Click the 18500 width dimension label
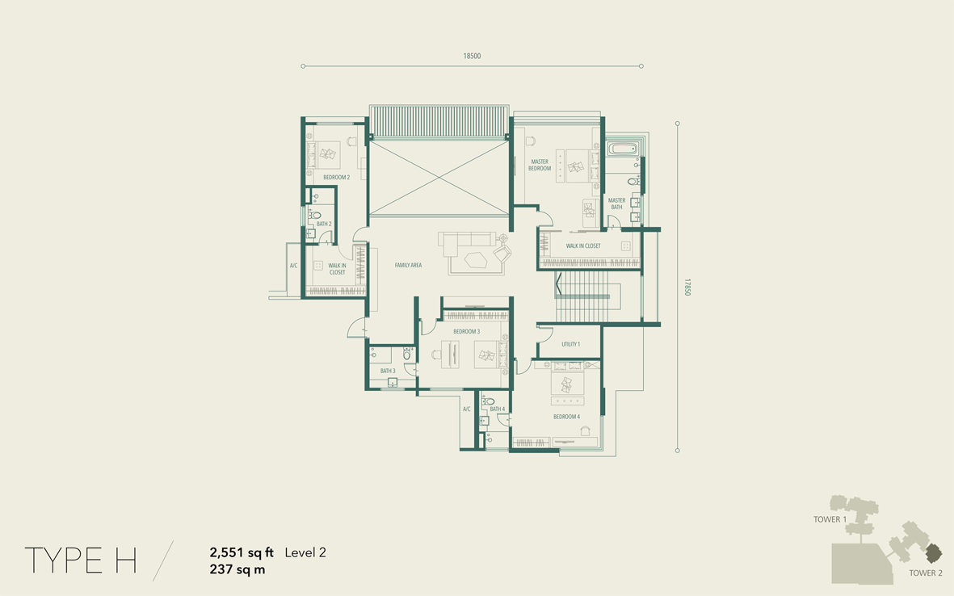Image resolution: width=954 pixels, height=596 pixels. (x=472, y=56)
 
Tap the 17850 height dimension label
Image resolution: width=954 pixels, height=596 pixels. (x=688, y=287)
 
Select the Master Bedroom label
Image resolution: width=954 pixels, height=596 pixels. (x=540, y=166)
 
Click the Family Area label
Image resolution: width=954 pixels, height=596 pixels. (x=408, y=265)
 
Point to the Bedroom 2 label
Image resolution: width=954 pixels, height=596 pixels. (x=337, y=178)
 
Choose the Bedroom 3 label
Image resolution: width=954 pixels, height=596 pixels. (x=467, y=331)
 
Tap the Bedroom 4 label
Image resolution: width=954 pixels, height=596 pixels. (x=566, y=417)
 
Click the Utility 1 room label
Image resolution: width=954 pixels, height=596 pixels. (x=570, y=344)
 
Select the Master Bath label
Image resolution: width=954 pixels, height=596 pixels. (x=616, y=204)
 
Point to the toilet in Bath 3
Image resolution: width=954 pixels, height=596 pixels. (x=407, y=353)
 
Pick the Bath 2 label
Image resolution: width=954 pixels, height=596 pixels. (x=324, y=224)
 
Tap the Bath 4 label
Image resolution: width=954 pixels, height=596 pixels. (x=498, y=409)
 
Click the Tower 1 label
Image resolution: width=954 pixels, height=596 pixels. (x=830, y=519)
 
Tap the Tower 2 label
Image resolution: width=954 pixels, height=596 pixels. (x=926, y=573)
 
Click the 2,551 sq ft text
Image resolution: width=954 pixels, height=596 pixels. (x=242, y=553)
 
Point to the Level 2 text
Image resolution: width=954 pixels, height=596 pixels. (x=305, y=552)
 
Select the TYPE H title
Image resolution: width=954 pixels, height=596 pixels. (x=80, y=560)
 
